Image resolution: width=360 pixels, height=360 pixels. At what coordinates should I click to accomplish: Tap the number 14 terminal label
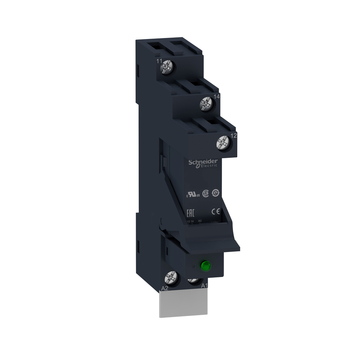click(x=217, y=97)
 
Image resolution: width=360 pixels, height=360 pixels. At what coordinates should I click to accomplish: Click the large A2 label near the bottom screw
click(x=164, y=288)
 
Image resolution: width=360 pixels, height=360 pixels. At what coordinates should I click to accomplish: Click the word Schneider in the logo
click(x=203, y=162)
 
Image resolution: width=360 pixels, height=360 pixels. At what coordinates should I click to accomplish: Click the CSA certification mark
click(x=206, y=194)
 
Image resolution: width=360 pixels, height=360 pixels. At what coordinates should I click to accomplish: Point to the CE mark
click(x=216, y=211)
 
